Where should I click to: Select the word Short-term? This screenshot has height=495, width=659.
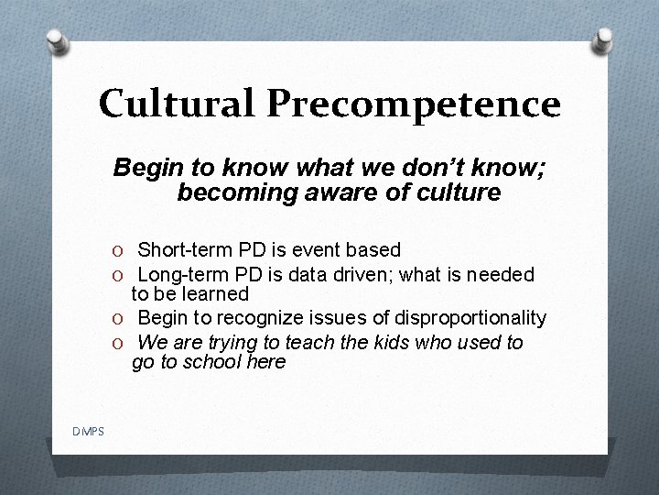click(x=183, y=249)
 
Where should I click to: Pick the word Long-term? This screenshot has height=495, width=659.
click(x=180, y=274)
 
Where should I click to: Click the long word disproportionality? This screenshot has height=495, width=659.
click(x=470, y=318)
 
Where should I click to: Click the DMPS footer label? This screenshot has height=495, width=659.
click(x=90, y=432)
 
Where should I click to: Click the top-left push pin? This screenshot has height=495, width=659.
click(x=57, y=41)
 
